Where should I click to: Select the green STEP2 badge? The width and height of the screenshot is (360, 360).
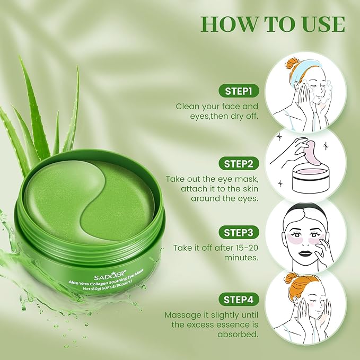tap(238, 163)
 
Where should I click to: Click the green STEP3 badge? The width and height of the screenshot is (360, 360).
tap(238, 232)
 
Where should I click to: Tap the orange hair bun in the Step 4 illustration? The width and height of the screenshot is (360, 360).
tap(291, 277)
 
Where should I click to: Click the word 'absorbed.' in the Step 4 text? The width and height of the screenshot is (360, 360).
tap(239, 335)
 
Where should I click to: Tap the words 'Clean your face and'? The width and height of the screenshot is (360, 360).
tap(217, 106)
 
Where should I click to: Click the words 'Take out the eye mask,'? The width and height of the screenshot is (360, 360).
tap(212, 179)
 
